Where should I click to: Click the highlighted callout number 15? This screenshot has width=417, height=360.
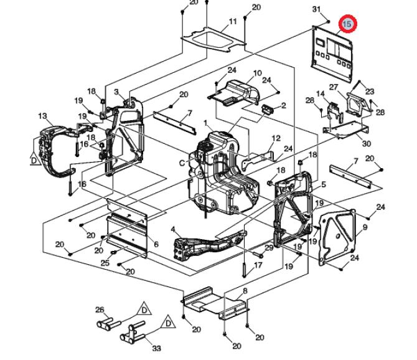tap(347, 24)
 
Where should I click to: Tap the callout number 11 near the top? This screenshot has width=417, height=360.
tap(233, 22)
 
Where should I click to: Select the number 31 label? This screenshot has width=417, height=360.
tap(316, 9)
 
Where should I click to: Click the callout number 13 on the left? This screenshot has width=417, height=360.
tap(42, 116)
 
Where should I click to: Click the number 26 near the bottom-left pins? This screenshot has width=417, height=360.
tap(99, 310)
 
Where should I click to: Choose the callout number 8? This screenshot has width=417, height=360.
tap(245, 291)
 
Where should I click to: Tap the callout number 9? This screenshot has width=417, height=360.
tap(365, 228)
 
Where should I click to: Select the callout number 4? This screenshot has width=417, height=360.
tap(173, 230)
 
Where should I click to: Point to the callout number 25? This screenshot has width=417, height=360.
tap(104, 263)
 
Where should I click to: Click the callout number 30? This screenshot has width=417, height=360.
tap(366, 144)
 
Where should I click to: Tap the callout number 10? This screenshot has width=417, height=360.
tap(257, 73)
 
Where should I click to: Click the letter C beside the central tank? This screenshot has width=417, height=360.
tap(182, 163)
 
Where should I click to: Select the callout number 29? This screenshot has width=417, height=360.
tap(269, 248)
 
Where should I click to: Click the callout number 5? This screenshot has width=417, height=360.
tap(323, 184)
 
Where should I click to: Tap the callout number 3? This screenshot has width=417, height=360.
tap(116, 92)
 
